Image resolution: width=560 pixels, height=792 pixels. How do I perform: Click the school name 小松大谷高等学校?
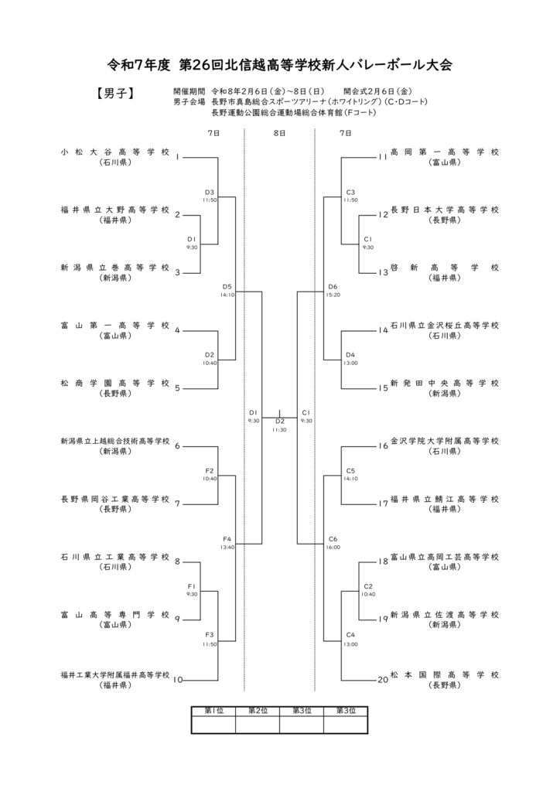click(114, 152)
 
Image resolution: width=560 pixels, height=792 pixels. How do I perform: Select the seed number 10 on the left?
click(178, 681)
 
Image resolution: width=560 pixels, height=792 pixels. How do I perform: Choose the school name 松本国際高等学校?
click(446, 674)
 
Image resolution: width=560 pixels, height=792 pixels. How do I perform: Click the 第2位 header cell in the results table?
click(258, 711)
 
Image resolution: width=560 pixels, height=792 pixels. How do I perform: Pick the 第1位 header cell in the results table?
click(213, 711)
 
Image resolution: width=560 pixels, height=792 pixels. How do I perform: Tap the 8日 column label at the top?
click(280, 134)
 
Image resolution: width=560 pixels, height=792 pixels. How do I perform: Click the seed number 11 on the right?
click(382, 158)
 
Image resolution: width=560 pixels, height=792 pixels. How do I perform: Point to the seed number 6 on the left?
click(177, 446)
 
